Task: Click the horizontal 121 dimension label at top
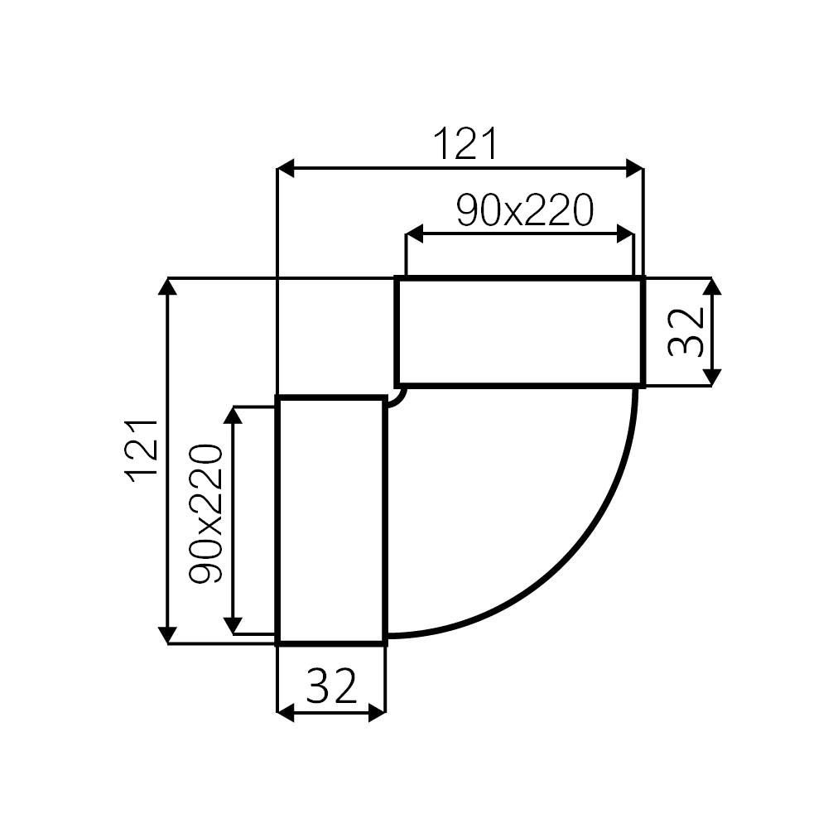tap(466, 145)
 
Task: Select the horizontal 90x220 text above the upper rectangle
tap(525, 211)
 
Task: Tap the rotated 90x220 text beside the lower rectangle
tap(206, 513)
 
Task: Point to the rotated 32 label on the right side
tap(686, 331)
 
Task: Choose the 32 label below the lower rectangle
tap(331, 686)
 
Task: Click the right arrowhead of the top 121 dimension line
tap(634, 169)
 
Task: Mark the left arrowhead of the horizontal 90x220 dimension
tap(414, 235)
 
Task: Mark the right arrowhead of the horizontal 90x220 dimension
tap(625, 235)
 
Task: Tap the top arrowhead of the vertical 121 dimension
tap(168, 287)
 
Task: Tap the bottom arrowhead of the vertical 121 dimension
tap(168, 634)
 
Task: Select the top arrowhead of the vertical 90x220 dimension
tap(235, 416)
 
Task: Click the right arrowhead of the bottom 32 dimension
tap(377, 711)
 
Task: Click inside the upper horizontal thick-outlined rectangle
tap(519, 331)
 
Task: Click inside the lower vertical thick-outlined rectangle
tap(331, 520)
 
